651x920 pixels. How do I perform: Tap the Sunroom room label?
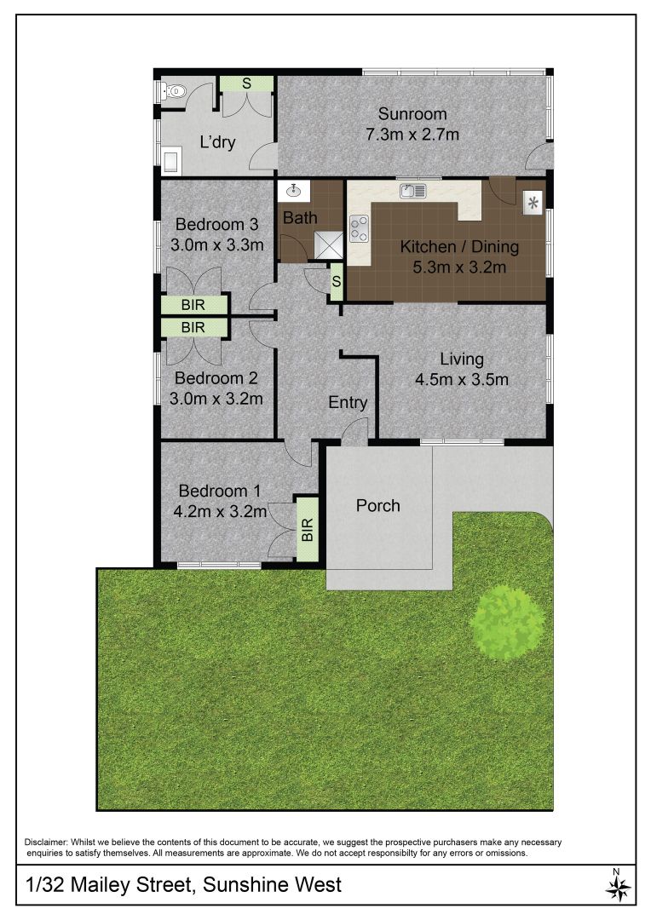click(x=412, y=113)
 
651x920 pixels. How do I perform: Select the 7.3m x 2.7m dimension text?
click(x=412, y=135)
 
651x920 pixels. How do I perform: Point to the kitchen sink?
click(x=412, y=190)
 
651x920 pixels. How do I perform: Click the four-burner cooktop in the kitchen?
click(x=360, y=228)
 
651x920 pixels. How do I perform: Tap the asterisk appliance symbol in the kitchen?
click(x=533, y=204)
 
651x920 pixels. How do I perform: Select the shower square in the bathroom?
click(x=328, y=244)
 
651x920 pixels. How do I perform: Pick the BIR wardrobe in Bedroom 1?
click(x=307, y=529)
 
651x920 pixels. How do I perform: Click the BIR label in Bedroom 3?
click(x=193, y=305)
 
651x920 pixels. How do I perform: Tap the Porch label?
click(x=378, y=505)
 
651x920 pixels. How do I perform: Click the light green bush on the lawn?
click(x=507, y=621)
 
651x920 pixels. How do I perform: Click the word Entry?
click(x=348, y=402)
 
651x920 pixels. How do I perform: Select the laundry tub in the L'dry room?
click(x=171, y=160)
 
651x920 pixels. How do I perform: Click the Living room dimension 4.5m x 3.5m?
click(x=461, y=380)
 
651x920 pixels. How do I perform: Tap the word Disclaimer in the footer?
click(x=46, y=842)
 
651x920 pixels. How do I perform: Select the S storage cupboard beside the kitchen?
click(x=337, y=282)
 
